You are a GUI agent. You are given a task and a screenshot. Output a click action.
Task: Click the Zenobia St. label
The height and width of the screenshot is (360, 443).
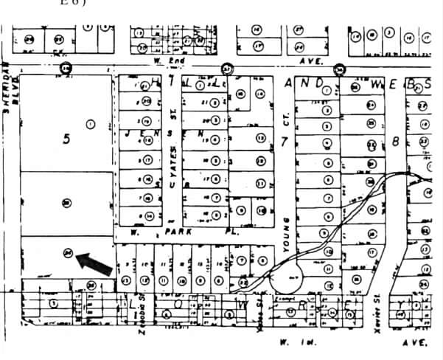(141, 319)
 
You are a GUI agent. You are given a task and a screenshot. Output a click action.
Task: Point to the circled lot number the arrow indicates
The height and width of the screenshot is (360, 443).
(67, 252)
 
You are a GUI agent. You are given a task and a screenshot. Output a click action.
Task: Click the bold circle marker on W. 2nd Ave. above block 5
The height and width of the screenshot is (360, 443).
(67, 69)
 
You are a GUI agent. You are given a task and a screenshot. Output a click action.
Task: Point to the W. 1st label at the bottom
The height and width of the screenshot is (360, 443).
(292, 342)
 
